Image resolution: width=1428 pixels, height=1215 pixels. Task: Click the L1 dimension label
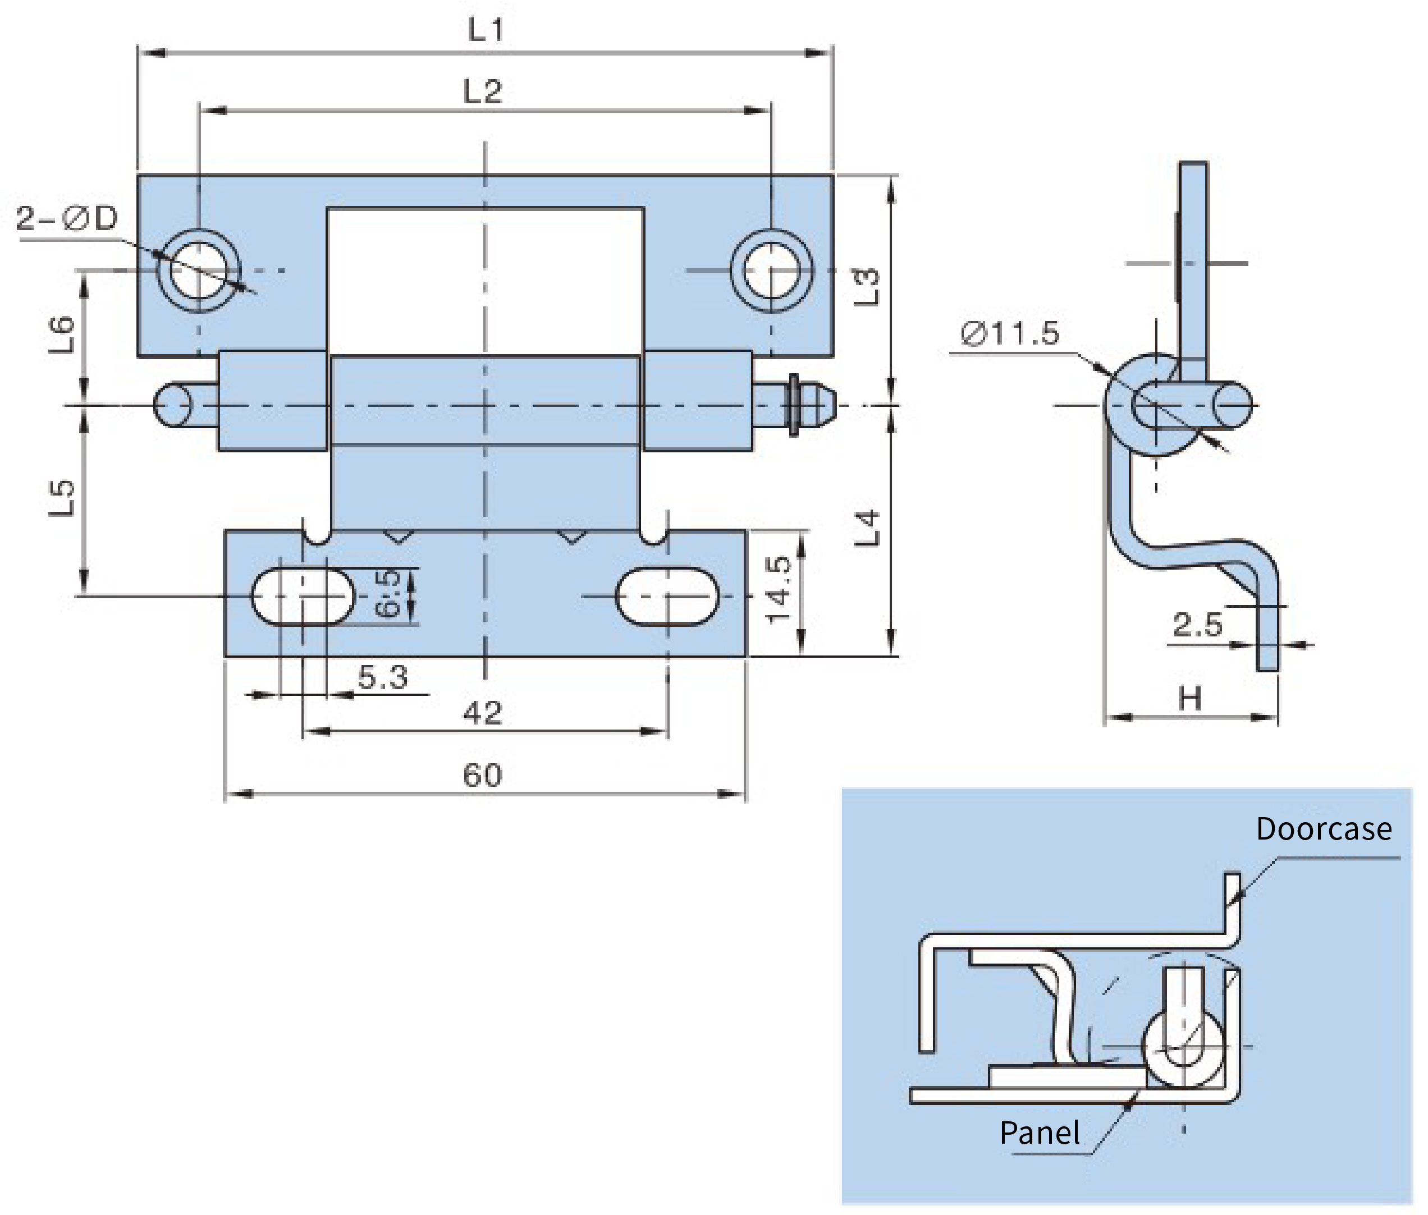click(486, 30)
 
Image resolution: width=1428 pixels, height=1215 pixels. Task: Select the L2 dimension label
click(483, 91)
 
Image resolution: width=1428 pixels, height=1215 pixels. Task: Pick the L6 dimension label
click(62, 334)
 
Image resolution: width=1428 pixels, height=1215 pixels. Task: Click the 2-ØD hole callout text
click(67, 219)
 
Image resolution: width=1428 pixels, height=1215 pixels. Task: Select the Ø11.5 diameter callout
click(1010, 334)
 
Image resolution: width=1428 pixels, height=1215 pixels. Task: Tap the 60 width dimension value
click(482, 776)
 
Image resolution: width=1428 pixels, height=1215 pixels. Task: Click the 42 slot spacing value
click(482, 713)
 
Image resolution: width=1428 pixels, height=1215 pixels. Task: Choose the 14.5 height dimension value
click(780, 590)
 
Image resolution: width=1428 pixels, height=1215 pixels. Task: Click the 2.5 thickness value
click(1197, 625)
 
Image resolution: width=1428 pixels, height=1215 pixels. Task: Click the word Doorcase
click(1323, 828)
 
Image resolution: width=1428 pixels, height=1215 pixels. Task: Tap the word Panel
click(1040, 1133)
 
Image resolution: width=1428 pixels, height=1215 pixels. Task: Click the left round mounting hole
click(199, 270)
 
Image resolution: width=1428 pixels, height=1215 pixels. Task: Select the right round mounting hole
click(771, 270)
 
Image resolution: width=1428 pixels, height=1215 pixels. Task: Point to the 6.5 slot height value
click(388, 594)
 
